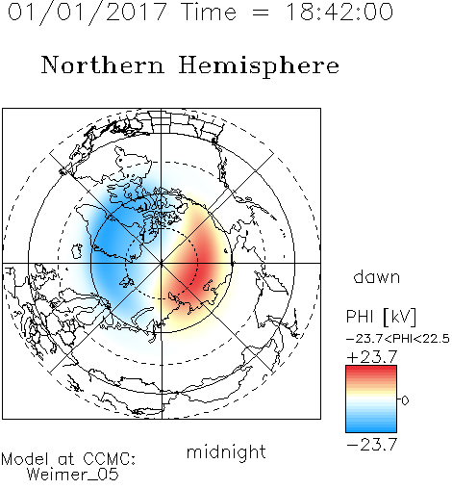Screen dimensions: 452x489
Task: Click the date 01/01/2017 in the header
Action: pos(88,13)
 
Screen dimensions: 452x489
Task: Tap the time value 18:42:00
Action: pos(339,12)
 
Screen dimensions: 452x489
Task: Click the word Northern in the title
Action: pos(103,64)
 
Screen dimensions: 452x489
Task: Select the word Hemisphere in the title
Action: pos(259,66)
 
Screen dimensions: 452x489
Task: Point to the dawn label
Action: pos(377,276)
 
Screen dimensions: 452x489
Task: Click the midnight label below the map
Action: pos(226,451)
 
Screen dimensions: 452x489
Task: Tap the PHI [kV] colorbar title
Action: pos(381,317)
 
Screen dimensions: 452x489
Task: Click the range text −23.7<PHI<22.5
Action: pos(398,339)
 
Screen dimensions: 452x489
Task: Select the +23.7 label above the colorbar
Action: pos(372,357)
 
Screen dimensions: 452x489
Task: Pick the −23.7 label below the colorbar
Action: pos(372,445)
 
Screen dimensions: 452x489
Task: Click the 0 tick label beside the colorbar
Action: pos(405,400)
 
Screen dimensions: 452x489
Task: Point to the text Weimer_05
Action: pos(73,475)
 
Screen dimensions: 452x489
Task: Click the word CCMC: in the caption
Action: pos(110,459)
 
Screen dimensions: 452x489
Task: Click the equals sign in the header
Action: pos(260,13)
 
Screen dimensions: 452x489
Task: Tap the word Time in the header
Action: pos(209,12)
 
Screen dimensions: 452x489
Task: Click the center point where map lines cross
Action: pos(162,263)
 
